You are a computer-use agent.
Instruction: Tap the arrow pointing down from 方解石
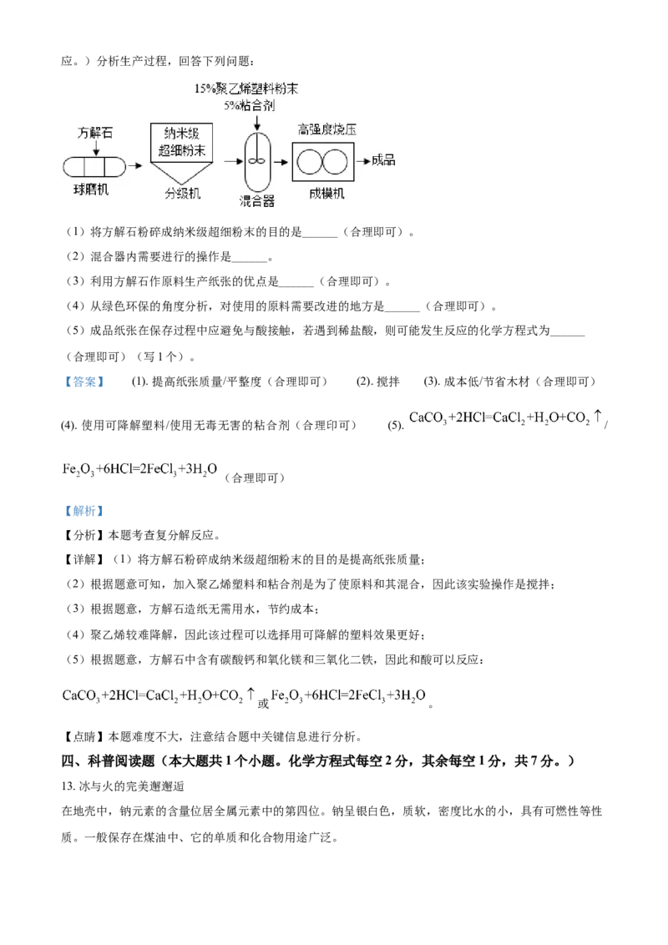click(96, 148)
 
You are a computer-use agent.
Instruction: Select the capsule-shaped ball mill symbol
click(94, 166)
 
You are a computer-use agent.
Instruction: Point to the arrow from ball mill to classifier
click(134, 166)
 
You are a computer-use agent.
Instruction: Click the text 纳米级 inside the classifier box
click(182, 134)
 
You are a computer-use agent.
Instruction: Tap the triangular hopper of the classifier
click(182, 174)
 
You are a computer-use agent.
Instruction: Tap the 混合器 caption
click(256, 201)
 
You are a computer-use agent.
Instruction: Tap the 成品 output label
click(383, 160)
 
